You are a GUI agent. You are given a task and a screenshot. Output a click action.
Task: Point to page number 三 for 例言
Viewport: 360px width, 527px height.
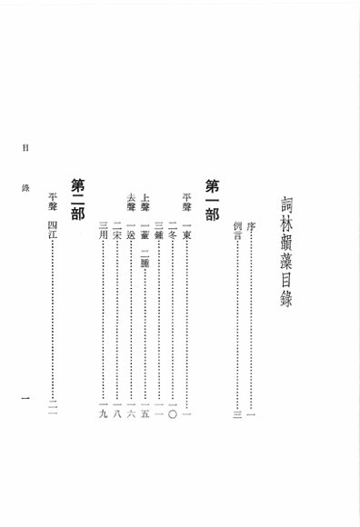click(238, 414)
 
